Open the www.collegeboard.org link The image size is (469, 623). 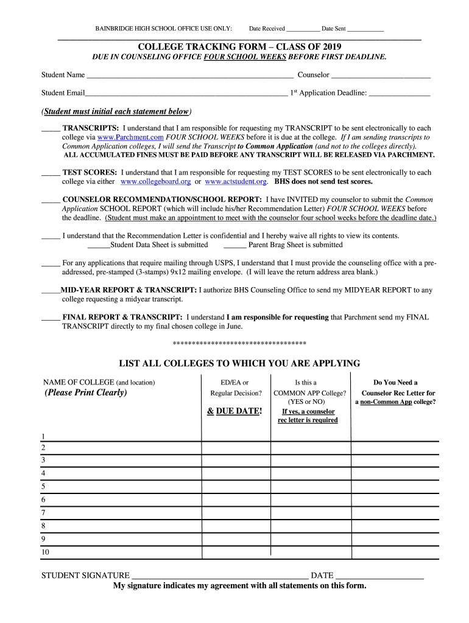156,181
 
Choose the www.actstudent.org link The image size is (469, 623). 236,181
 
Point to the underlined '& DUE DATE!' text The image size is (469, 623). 234,411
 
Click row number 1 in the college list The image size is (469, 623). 43,436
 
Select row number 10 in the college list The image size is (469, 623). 45,552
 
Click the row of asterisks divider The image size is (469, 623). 239,343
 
